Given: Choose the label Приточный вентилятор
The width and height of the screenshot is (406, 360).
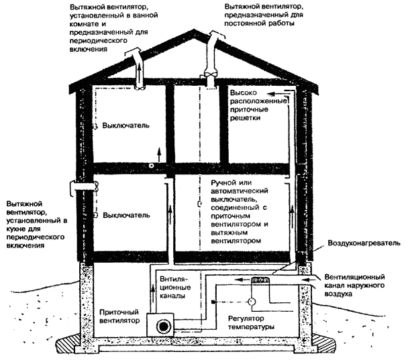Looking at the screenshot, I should point(119,316).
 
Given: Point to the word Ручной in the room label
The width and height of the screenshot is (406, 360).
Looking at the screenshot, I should point(225,182).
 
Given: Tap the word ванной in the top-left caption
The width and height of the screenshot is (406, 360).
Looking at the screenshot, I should point(160,16).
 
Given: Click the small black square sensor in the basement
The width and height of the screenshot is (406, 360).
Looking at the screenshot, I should point(213,303).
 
